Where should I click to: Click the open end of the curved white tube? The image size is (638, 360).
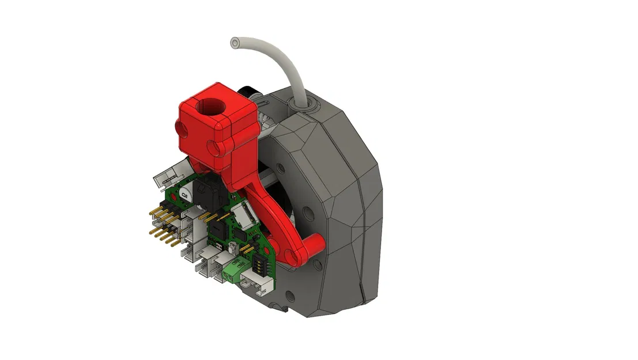pyautogui.click(x=235, y=43)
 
